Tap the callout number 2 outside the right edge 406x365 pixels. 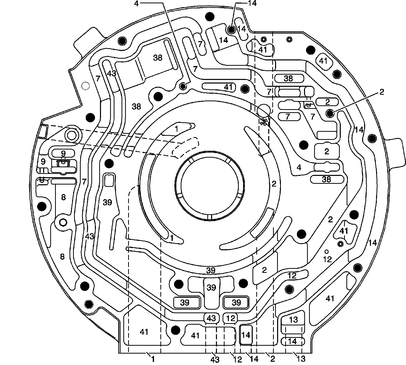[382, 92]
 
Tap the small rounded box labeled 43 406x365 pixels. [211, 318]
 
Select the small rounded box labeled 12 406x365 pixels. [230, 318]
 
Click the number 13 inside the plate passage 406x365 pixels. [293, 319]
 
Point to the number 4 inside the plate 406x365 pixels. [299, 168]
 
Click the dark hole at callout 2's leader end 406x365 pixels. [330, 113]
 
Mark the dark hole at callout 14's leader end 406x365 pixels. [231, 30]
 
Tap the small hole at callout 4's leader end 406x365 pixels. [183, 87]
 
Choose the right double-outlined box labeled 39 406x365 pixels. [236, 302]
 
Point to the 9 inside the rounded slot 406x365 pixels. [63, 153]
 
